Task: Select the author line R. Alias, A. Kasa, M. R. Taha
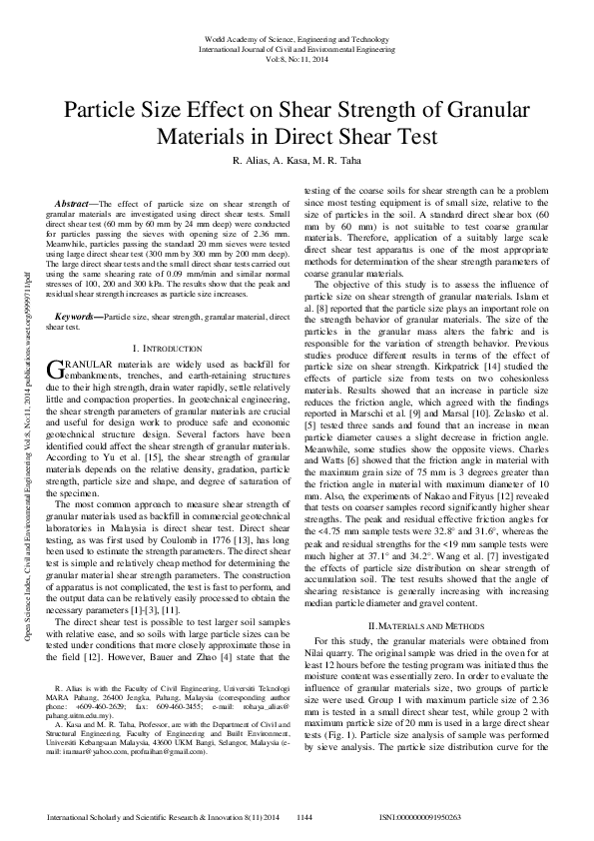pyautogui.click(x=297, y=162)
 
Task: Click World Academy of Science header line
pyautogui.click(x=297, y=37)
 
